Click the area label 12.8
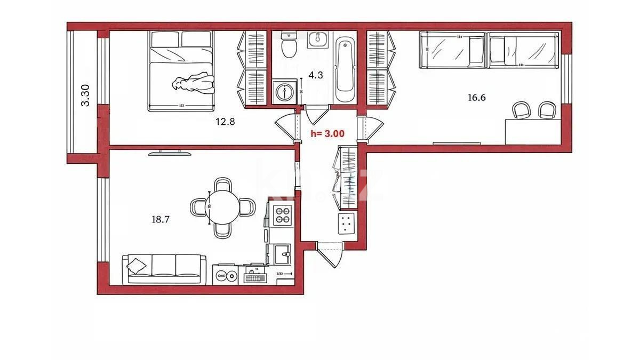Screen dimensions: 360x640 (x=225, y=121)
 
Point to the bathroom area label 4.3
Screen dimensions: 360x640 (x=316, y=75)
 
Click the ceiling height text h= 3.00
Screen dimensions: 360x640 (x=327, y=134)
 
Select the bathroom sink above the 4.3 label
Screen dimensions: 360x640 (x=319, y=39)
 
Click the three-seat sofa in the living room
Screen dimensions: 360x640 (x=165, y=268)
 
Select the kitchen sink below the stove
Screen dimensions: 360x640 (x=281, y=254)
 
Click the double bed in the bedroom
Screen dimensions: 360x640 (x=181, y=70)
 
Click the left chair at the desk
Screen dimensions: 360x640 (x=522, y=111)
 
